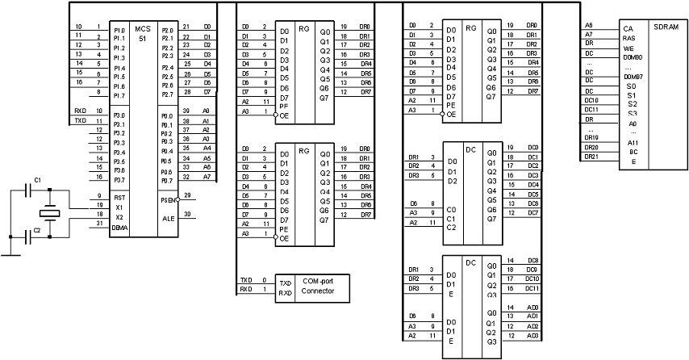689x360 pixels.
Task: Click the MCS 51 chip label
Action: tap(143, 33)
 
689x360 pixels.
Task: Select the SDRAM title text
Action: tap(662, 27)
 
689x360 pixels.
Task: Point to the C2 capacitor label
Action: tap(38, 230)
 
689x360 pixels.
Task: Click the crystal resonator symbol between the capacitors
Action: tap(50, 213)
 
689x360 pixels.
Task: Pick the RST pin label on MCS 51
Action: tap(119, 195)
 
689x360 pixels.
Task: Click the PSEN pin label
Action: tap(168, 199)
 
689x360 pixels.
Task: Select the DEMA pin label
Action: tap(121, 227)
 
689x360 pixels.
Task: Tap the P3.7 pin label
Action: tap(119, 179)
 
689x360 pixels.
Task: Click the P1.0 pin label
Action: tap(119, 30)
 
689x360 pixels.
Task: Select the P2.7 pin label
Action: tap(167, 94)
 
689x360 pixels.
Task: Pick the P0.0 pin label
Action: tap(167, 115)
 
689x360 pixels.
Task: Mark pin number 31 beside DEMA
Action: tap(99, 223)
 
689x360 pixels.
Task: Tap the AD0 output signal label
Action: tap(533, 308)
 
